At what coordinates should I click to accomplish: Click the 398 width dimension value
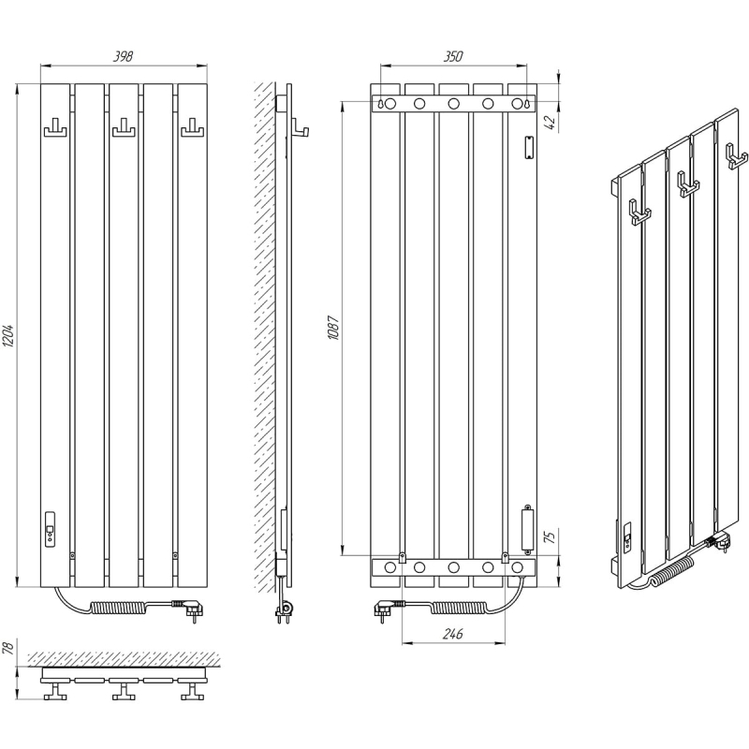(x=123, y=56)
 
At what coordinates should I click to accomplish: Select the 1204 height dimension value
(x=9, y=335)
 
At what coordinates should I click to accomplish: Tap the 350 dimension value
(x=453, y=56)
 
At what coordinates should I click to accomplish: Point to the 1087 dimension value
(x=333, y=328)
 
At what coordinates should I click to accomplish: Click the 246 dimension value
(x=452, y=634)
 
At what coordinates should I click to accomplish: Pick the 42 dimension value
(x=551, y=123)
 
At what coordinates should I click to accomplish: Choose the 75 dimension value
(x=551, y=536)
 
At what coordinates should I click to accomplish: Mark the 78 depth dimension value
(x=9, y=648)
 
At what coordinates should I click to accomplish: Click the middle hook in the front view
(x=124, y=128)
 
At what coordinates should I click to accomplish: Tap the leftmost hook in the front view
(x=55, y=128)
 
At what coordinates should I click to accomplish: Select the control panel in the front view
(x=50, y=529)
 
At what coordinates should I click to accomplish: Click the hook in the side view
(x=300, y=128)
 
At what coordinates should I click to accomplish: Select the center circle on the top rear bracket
(x=453, y=103)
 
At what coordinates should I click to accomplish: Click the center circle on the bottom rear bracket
(x=453, y=567)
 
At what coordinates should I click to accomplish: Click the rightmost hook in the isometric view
(x=736, y=156)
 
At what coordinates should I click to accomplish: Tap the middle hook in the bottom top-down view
(x=124, y=691)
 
